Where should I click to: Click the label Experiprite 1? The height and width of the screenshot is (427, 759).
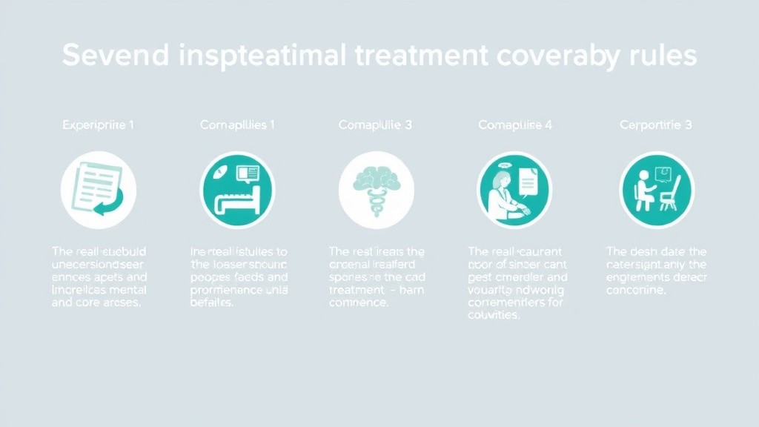point(98,125)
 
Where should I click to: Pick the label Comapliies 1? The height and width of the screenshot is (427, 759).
point(237,125)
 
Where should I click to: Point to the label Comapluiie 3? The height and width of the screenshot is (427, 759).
point(375,125)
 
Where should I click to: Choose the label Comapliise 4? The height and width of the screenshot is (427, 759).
point(515,125)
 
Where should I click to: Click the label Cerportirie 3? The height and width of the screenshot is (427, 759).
point(656,125)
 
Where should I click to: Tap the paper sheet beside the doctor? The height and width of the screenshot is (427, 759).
point(528,182)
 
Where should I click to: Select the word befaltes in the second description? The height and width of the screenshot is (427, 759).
point(213,303)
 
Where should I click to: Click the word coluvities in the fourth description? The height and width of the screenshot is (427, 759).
point(494,315)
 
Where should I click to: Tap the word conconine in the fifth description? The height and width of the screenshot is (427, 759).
point(636,290)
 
